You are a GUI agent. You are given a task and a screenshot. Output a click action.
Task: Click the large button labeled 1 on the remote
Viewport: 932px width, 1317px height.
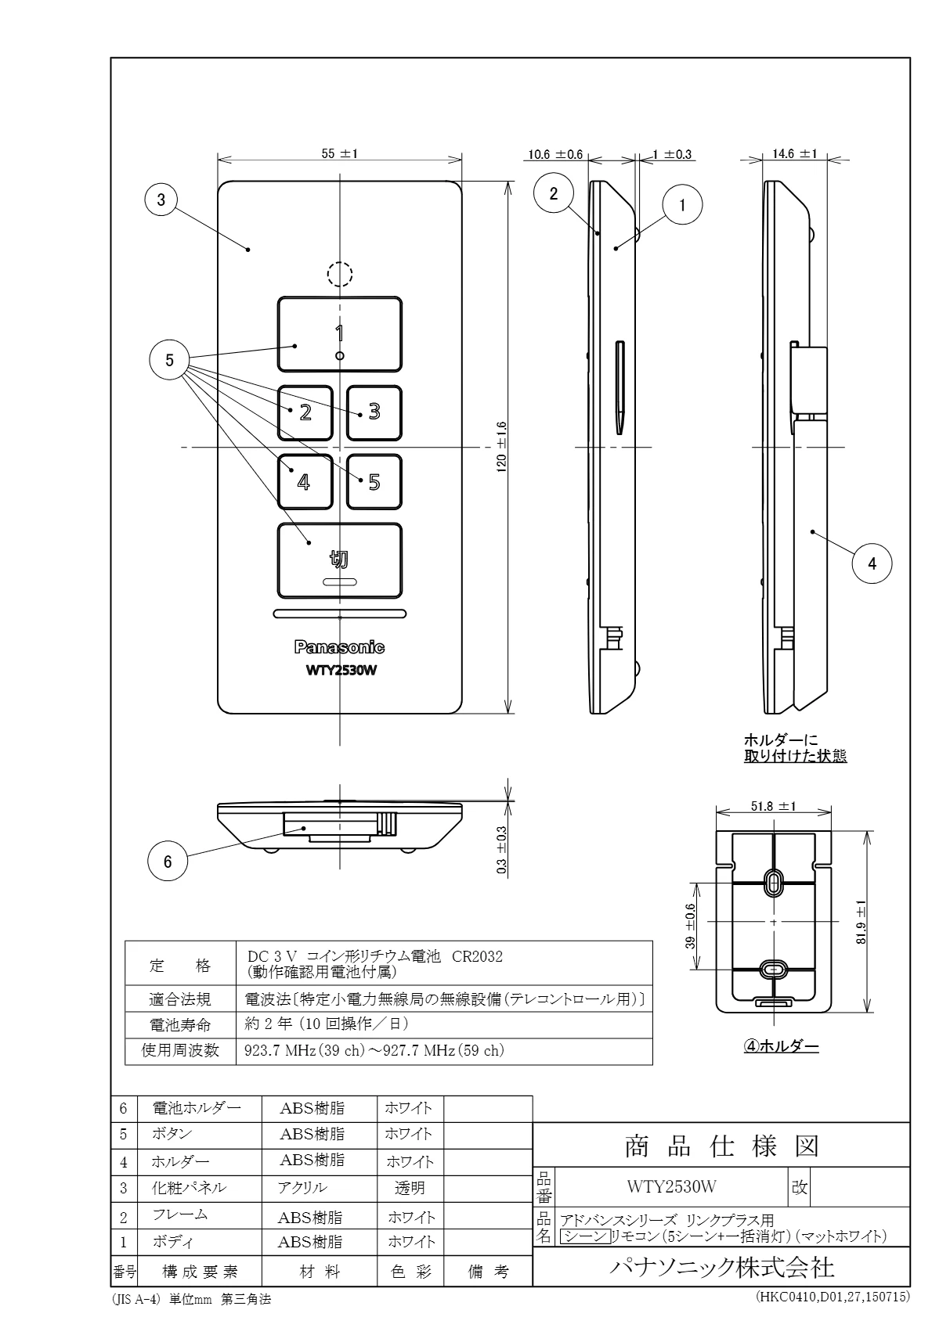pyautogui.click(x=339, y=333)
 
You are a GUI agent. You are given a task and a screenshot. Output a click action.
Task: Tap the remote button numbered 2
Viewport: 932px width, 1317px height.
pyautogui.click(x=305, y=412)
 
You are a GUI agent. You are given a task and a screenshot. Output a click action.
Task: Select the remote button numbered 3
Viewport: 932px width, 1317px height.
pyautogui.click(x=374, y=412)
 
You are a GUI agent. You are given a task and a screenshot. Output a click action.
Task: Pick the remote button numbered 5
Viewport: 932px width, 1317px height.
pyautogui.click(x=374, y=481)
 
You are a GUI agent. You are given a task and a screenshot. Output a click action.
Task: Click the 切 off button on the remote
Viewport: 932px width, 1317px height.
pyautogui.click(x=339, y=560)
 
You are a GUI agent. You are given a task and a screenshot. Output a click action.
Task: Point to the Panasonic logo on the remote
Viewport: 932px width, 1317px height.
pyautogui.click(x=339, y=647)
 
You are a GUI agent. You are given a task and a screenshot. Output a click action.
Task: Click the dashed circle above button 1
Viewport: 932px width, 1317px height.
pyautogui.click(x=339, y=273)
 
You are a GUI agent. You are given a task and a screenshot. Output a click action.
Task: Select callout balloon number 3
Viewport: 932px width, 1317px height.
pyautogui.click(x=161, y=200)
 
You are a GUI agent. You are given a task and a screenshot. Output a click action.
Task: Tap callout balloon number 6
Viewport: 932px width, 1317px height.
pyautogui.click(x=168, y=862)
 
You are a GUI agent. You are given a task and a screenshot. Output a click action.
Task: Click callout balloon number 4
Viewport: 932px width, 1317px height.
pyautogui.click(x=872, y=563)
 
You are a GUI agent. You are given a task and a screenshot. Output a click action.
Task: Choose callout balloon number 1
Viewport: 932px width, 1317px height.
pyautogui.click(x=682, y=205)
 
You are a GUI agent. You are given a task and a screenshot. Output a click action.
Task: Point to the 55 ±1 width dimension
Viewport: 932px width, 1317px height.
pyautogui.click(x=339, y=154)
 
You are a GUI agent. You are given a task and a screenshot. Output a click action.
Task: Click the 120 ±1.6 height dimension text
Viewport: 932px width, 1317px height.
pyautogui.click(x=502, y=446)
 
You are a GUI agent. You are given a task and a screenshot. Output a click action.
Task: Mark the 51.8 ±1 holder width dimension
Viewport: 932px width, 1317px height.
pyautogui.click(x=773, y=806)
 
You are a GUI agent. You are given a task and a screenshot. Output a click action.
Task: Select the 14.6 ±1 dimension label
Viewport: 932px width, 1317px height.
pyautogui.click(x=794, y=154)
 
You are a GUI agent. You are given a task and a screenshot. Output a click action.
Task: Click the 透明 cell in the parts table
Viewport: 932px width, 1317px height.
pyautogui.click(x=410, y=1188)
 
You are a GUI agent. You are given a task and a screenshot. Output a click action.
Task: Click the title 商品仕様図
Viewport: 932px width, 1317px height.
pyautogui.click(x=721, y=1146)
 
